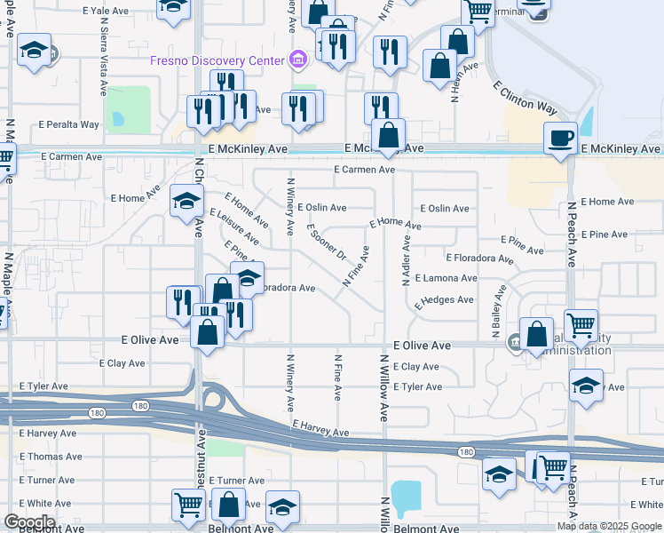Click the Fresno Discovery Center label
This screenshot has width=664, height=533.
pyautogui.click(x=217, y=61)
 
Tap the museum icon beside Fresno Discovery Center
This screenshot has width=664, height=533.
pyautogui.click(x=298, y=60)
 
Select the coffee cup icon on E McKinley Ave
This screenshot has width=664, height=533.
pyautogui.click(x=560, y=139)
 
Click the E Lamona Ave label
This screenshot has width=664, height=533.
pyautogui.click(x=446, y=278)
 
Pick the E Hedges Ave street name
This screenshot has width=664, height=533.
pyautogui.click(x=444, y=300)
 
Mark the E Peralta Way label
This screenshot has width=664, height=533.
pyautogui.click(x=68, y=124)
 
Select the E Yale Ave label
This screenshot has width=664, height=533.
pyautogui.click(x=107, y=12)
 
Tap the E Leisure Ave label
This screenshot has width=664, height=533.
pyautogui.click(x=234, y=227)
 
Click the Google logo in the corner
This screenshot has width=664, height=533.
pyautogui.click(x=29, y=521)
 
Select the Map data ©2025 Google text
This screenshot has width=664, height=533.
pyautogui.click(x=609, y=526)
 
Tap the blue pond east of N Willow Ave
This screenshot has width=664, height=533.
pyautogui.click(x=406, y=498)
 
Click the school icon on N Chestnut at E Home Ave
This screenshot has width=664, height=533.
pyautogui.click(x=186, y=202)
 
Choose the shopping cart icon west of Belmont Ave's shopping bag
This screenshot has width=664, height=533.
pyautogui.click(x=189, y=505)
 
